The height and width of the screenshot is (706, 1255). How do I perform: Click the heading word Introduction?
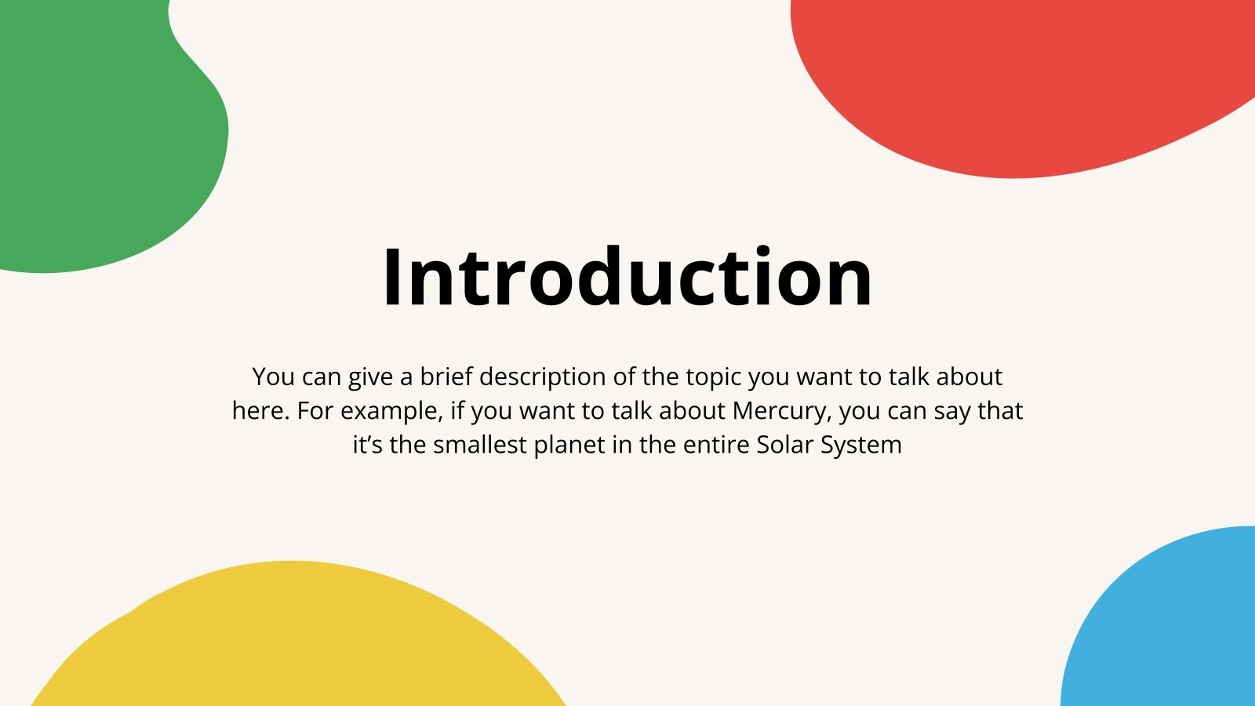coord(627,277)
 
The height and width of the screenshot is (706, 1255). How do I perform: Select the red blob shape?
coord(1012,78)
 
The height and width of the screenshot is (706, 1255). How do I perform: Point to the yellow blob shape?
coord(298,643)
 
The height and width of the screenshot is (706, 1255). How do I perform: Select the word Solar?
coord(785,445)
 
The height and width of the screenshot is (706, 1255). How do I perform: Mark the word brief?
coord(446,377)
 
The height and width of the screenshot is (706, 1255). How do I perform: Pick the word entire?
coord(716,445)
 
